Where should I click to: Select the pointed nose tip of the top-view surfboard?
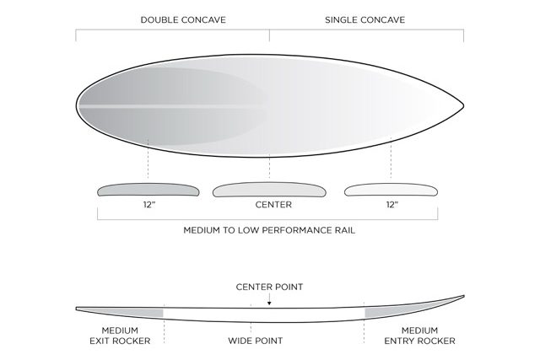tap(462, 105)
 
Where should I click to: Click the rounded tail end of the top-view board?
tap(78, 105)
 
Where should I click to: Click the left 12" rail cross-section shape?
tap(148, 190)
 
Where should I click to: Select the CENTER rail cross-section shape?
tap(269, 190)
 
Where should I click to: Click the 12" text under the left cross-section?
tap(148, 205)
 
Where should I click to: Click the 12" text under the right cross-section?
tap(391, 205)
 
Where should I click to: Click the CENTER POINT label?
tap(269, 287)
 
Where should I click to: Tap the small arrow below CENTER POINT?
tap(269, 301)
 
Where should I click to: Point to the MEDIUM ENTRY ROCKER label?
tap(418, 336)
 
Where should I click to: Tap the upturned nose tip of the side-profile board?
tap(462, 297)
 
